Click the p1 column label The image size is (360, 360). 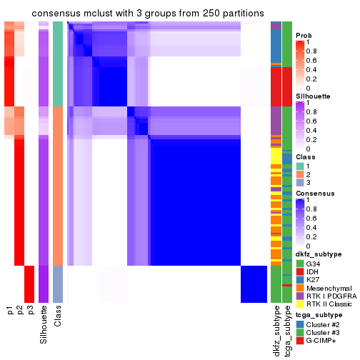pyautogui.click(x=10, y=311)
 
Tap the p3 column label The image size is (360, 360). pyautogui.click(x=30, y=311)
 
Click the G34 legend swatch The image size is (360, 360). pyautogui.click(x=300, y=262)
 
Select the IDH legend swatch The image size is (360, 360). pyautogui.click(x=300, y=271)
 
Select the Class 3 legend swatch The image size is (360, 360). pyautogui.click(x=300, y=184)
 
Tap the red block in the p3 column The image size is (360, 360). pyautogui.click(x=30, y=284)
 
